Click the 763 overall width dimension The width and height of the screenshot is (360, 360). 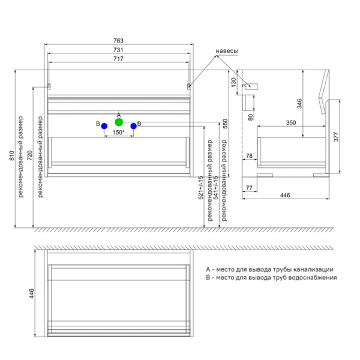coord(119,41)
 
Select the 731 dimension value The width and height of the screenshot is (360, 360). coord(119,50)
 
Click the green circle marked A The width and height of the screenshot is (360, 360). coord(119,122)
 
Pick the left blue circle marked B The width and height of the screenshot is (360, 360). coord(104,126)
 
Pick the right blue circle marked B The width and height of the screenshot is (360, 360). coord(134,126)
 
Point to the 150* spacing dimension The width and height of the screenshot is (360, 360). coord(119,132)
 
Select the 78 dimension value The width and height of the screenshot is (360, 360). coord(249,157)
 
